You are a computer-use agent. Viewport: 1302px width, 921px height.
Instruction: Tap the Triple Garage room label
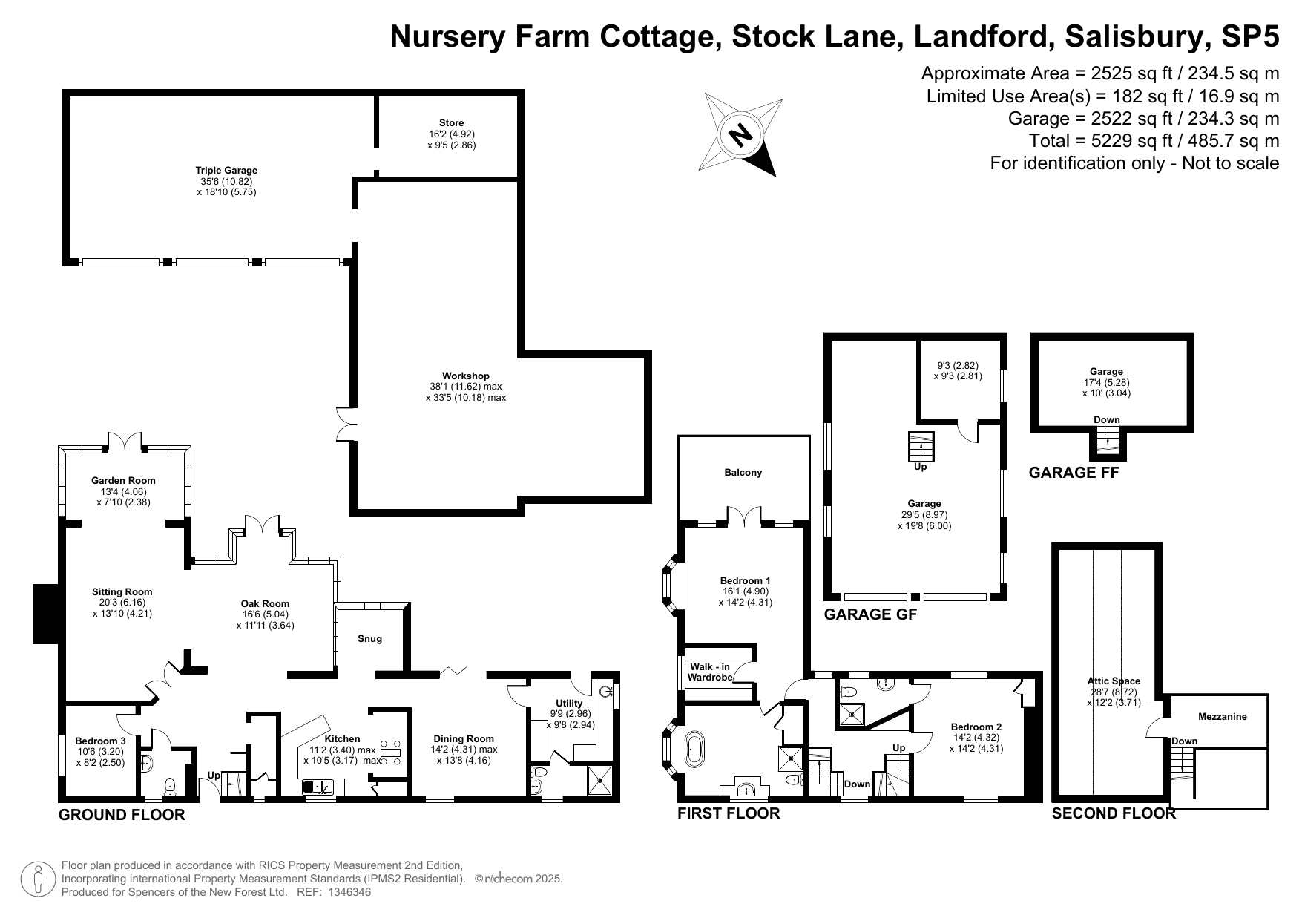pos(226,171)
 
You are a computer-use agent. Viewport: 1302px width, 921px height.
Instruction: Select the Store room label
pos(451,123)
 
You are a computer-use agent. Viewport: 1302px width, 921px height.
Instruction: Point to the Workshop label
pos(465,376)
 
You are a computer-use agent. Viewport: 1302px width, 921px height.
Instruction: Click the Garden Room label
pos(123,481)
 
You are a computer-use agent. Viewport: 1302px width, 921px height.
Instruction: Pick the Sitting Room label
pos(122,592)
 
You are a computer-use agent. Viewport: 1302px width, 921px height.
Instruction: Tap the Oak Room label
pos(265,604)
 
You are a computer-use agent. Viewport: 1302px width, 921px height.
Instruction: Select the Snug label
pos(369,639)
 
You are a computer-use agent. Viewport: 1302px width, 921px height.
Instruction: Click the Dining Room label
pos(464,739)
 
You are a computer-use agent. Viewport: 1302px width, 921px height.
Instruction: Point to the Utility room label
pos(569,704)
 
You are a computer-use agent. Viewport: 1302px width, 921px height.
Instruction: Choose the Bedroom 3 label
pos(100,741)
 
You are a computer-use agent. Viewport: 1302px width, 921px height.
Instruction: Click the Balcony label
pos(743,473)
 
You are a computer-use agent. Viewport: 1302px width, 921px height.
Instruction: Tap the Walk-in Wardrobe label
pos(710,672)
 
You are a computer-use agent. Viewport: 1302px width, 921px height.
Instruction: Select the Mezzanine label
pos(1222,717)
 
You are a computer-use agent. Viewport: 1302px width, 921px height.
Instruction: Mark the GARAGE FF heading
pos(1073,473)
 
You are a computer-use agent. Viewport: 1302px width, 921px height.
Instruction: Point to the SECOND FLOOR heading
pos(1113,813)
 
